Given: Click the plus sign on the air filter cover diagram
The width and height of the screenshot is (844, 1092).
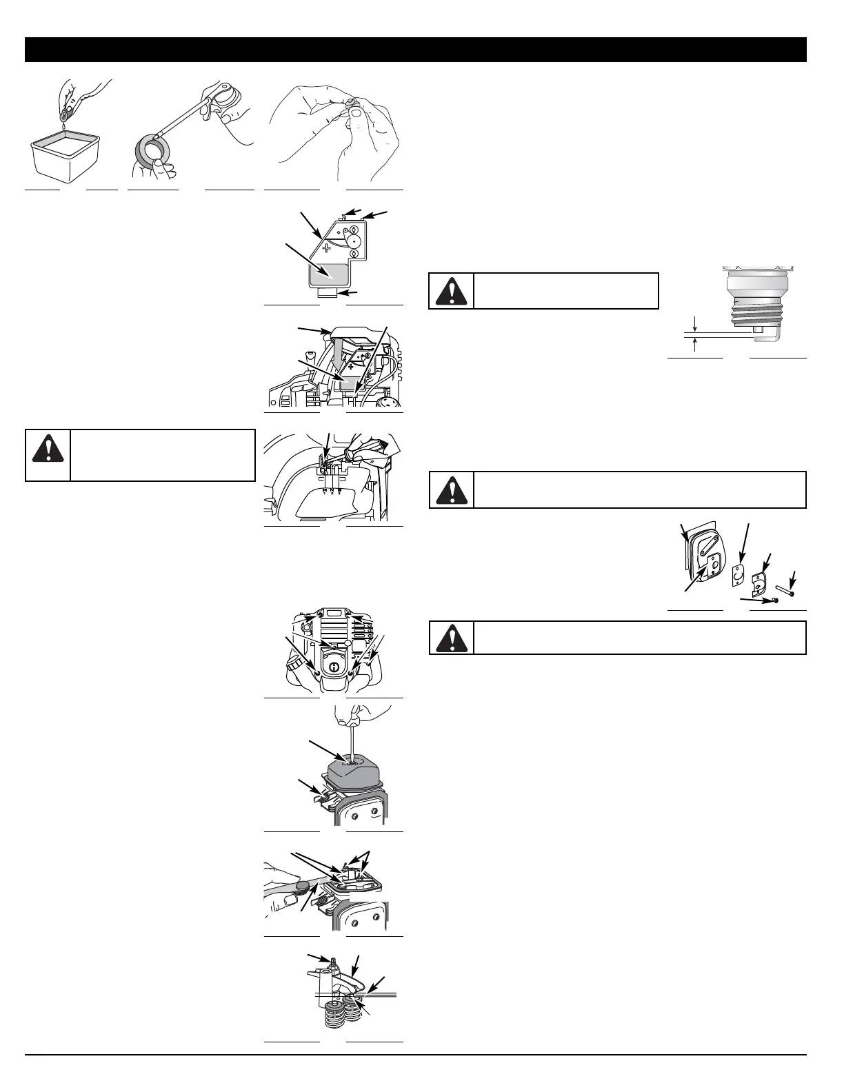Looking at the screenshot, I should tap(326, 246).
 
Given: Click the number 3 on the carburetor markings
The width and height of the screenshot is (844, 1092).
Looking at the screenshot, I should tap(339, 494).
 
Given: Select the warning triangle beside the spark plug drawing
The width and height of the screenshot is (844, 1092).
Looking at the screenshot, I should tap(452, 291).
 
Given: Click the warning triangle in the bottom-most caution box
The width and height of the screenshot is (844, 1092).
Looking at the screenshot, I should tap(452, 637).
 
